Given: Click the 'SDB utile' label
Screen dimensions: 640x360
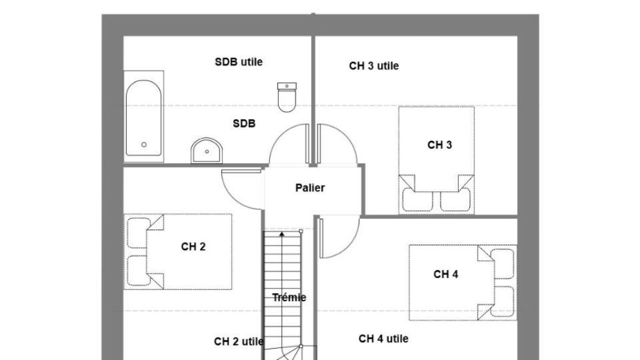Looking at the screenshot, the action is click(239, 62).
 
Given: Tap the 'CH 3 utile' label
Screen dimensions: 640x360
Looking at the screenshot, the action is click(374, 66).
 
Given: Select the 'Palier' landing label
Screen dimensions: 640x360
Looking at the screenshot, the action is click(310, 187).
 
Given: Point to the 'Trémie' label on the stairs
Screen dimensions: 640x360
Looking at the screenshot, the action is click(289, 297).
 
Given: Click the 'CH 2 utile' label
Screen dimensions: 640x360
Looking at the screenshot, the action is click(239, 342).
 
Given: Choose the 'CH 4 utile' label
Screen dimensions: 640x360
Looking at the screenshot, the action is click(384, 339).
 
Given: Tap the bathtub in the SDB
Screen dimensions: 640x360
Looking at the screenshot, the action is click(144, 117).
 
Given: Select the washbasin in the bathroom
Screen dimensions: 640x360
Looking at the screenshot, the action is click(206, 151).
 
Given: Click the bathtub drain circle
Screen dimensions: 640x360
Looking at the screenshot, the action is click(144, 144).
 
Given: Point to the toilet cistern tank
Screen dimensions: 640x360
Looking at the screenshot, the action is click(287, 86).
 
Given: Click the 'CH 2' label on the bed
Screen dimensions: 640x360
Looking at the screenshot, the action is click(193, 246).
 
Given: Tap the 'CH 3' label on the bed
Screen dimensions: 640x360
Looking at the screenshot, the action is click(439, 145).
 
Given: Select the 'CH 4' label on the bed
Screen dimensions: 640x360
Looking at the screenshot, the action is click(446, 274).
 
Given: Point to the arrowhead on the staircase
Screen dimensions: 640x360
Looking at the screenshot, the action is click(282, 234).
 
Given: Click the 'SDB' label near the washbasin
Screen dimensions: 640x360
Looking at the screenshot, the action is click(244, 123).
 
